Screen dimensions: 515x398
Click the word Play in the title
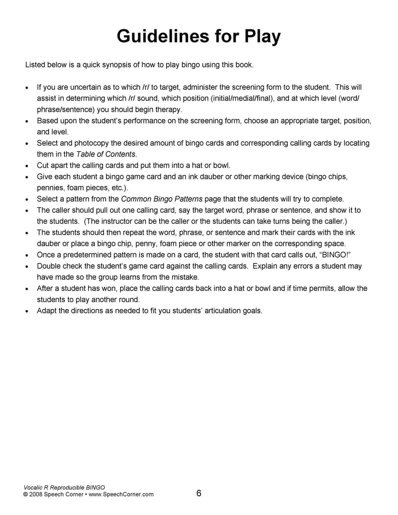(262, 36)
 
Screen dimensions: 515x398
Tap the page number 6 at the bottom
(199, 493)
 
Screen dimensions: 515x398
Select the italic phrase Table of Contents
(106, 154)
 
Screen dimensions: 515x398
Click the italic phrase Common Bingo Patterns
(162, 199)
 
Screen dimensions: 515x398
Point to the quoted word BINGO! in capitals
(337, 255)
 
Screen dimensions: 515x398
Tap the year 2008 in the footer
(36, 494)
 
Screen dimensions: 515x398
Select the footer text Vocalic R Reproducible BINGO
(64, 488)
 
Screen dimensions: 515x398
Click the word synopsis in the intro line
(116, 65)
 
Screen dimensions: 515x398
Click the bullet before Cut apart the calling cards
(27, 166)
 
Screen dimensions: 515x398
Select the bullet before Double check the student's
(27, 267)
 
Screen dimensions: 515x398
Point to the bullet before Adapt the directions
(27, 311)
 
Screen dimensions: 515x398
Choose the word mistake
(185, 277)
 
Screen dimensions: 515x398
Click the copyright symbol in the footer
(25, 494)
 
